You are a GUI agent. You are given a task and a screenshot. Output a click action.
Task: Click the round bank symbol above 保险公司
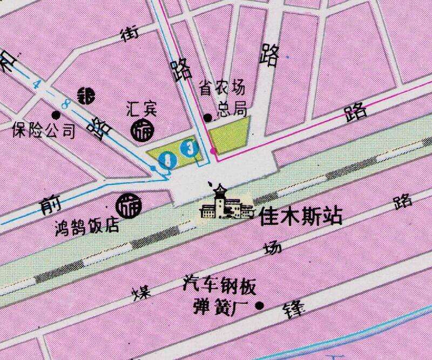(85, 96)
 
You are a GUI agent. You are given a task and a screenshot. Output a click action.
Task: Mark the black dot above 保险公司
(56, 115)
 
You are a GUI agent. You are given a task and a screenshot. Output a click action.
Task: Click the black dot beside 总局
(207, 117)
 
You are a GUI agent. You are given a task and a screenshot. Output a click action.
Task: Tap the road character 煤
(141, 292)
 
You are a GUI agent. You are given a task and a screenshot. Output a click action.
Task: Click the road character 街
(129, 34)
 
